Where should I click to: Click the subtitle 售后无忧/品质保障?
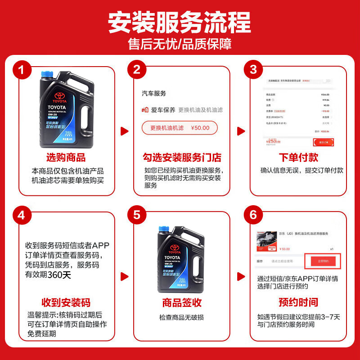[180, 45]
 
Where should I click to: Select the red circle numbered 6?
[253, 215]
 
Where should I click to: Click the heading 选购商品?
[66, 158]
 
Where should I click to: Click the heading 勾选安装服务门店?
[182, 158]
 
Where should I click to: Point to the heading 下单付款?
[298, 158]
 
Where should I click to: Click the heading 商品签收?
[182, 302]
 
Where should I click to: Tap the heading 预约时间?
[298, 302]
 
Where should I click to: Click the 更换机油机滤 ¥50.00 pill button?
[180, 128]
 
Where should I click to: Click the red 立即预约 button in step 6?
[326, 261]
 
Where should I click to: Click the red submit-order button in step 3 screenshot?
[324, 142]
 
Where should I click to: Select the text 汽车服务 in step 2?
[154, 93]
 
